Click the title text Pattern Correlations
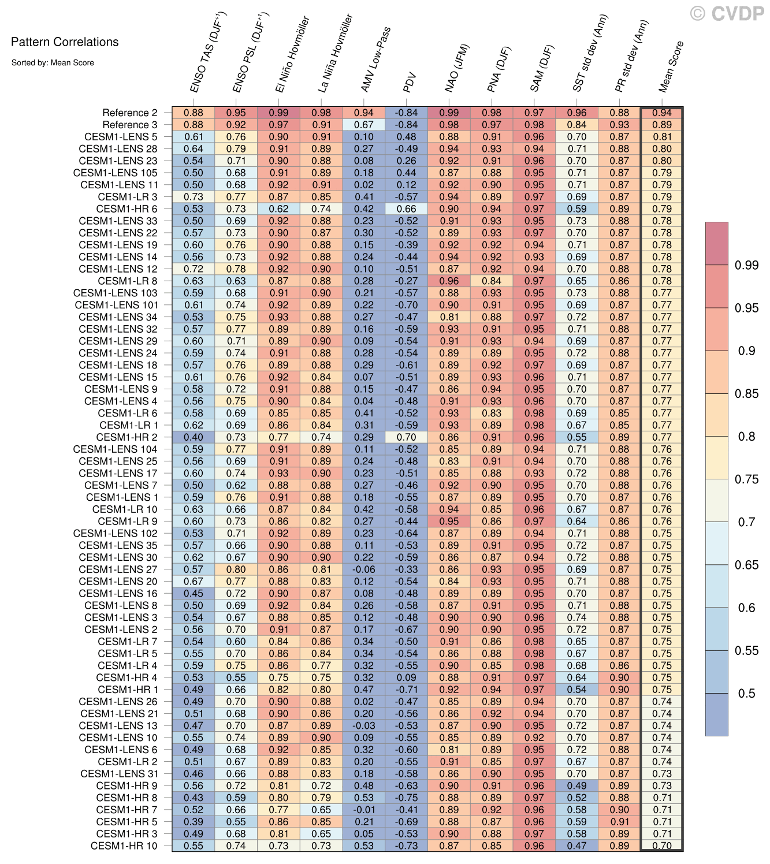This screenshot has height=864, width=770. pos(65,42)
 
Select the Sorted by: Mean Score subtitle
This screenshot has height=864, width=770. pos(53,62)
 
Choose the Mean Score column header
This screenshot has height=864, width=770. pos(671,66)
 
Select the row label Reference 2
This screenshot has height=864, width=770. pos(129,113)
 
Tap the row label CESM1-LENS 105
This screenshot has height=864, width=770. pos(115,173)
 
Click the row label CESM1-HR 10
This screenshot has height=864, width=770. pos(124,846)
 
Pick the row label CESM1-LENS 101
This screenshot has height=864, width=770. pos(116,305)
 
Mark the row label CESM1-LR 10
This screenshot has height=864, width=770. pos(125,509)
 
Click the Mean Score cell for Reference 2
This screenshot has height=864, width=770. pos(662,113)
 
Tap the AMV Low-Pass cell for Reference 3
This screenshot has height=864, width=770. pos(364,125)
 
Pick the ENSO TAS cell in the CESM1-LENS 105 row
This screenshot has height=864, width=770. pos(194,173)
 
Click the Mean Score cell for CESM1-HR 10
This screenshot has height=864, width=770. pos(662,846)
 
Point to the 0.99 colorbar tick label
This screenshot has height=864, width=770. pos(746,265)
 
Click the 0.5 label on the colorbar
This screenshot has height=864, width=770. pos(746,694)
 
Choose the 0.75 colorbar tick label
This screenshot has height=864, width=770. pos(746,479)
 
